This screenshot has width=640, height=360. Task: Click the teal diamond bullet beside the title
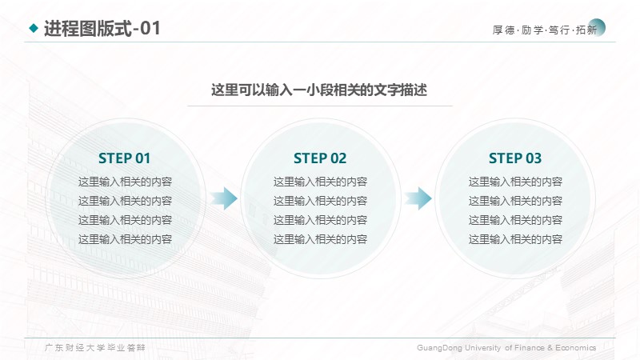pos(34,28)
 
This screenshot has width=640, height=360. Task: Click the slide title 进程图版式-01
pos(102,29)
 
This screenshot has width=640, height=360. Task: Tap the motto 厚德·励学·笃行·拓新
pos(545,30)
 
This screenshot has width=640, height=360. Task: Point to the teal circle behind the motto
pos(596,27)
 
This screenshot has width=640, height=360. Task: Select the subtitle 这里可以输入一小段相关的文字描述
pos(319,90)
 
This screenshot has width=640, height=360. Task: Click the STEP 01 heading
pos(125,158)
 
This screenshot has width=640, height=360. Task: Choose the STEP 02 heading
pos(320,158)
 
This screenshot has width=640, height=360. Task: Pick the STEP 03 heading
pos(515,158)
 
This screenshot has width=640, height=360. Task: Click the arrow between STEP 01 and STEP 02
pos(224,198)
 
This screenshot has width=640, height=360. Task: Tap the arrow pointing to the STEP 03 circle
pos(418,198)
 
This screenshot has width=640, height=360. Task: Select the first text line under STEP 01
pos(125,182)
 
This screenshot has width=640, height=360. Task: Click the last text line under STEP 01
pos(125,239)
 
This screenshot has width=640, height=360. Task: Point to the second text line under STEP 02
pos(321,201)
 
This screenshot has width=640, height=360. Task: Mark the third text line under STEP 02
pos(321,220)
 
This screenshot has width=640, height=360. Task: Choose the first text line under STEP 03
pos(515,182)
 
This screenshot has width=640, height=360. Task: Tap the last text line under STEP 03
pos(515,239)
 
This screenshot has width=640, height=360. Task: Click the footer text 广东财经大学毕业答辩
pos(94,348)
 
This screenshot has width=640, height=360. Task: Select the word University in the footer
pos(483,348)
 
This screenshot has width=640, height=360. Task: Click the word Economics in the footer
pos(575,348)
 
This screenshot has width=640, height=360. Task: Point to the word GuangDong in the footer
pos(439,348)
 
